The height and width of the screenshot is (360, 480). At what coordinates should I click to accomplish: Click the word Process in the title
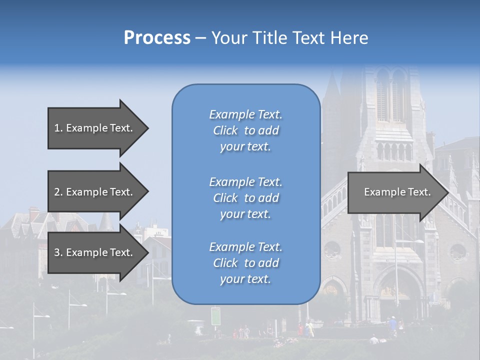point(157,38)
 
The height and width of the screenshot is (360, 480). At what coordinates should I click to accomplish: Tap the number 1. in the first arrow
point(58,128)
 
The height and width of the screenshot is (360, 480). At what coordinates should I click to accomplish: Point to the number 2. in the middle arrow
point(58,192)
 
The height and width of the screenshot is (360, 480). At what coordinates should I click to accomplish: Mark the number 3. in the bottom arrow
point(58,252)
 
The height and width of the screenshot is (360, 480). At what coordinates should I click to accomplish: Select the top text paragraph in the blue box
point(245,130)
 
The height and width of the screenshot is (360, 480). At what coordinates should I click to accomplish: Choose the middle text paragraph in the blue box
point(245,197)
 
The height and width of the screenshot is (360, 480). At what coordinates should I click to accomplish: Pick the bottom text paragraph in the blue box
point(245,263)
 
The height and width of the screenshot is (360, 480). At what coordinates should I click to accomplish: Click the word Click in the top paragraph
point(225,130)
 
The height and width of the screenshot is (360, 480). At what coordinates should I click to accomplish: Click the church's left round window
point(331,249)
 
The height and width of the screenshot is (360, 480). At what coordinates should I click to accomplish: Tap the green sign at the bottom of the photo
point(215,315)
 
